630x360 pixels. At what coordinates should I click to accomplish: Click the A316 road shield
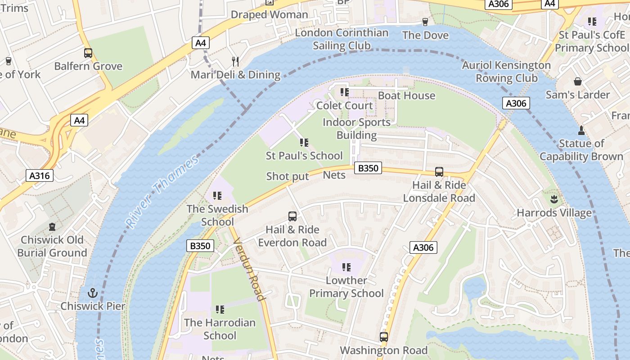[40, 175]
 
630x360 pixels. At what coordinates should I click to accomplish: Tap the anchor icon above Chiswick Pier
[93, 293]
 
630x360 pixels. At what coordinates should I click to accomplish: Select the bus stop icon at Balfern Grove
[88, 53]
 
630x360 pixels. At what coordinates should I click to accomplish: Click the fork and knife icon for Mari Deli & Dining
[235, 61]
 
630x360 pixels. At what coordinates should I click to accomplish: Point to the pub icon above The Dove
[425, 22]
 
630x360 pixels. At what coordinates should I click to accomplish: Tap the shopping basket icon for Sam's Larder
[578, 81]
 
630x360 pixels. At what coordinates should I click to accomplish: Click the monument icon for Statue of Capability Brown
[581, 130]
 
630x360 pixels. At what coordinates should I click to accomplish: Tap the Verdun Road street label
[248, 268]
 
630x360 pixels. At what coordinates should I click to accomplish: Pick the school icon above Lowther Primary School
[346, 267]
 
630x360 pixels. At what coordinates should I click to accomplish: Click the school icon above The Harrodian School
[220, 309]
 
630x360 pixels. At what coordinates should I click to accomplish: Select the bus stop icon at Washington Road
[383, 337]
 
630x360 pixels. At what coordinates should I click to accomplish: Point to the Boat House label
[406, 95]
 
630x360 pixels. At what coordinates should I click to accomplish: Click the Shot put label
[288, 176]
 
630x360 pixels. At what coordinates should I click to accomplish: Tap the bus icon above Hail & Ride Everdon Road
[292, 216]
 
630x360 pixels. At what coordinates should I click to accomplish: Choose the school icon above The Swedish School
[217, 196]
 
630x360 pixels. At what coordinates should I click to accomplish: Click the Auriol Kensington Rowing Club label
[506, 72]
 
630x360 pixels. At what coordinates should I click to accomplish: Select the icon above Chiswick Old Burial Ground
[52, 226]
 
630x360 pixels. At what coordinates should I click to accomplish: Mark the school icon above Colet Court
[345, 92]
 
